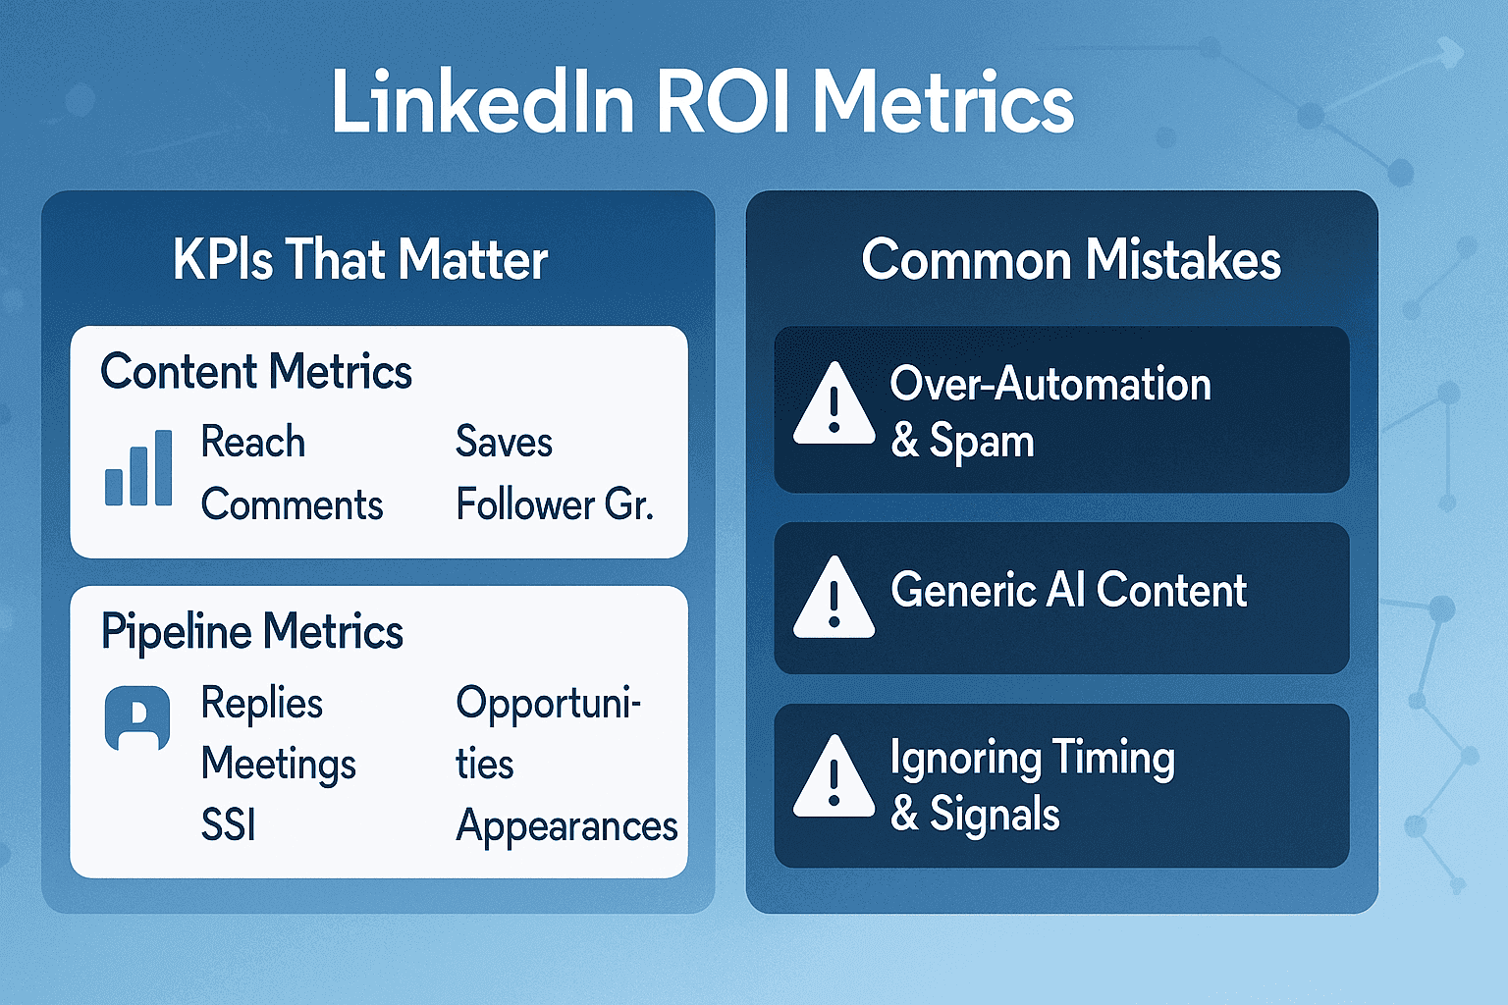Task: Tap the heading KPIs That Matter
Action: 361,259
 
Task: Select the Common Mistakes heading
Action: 1071,259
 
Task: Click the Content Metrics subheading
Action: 256,371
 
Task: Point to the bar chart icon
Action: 138,467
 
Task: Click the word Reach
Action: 253,442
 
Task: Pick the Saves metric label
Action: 505,442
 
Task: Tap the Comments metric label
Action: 293,504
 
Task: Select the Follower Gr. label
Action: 555,504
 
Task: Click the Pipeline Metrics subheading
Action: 251,631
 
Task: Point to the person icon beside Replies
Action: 137,717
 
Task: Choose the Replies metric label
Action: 262,704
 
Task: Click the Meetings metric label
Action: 279,765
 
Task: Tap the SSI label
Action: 228,824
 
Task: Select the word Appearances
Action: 566,826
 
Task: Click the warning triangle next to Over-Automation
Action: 835,403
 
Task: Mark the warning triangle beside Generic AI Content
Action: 835,597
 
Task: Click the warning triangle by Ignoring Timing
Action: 835,776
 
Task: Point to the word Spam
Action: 982,443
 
